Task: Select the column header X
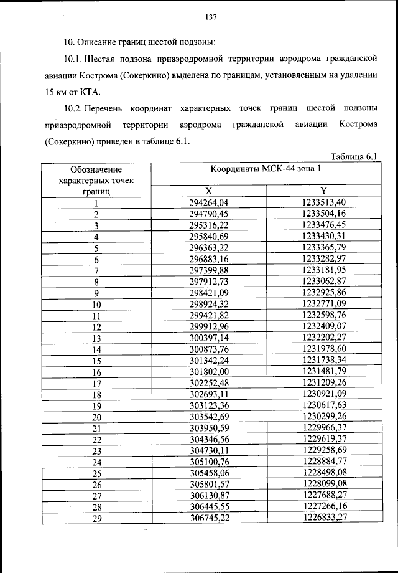coord(209,191)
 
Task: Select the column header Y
coord(324,191)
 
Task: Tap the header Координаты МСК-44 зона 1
coord(266,169)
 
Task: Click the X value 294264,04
coord(209,202)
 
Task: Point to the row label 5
coord(96,248)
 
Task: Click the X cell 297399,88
coord(209,270)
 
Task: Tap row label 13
coord(96,338)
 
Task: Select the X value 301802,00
coord(209,372)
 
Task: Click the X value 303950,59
coord(209,429)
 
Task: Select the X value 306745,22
coord(209,519)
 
